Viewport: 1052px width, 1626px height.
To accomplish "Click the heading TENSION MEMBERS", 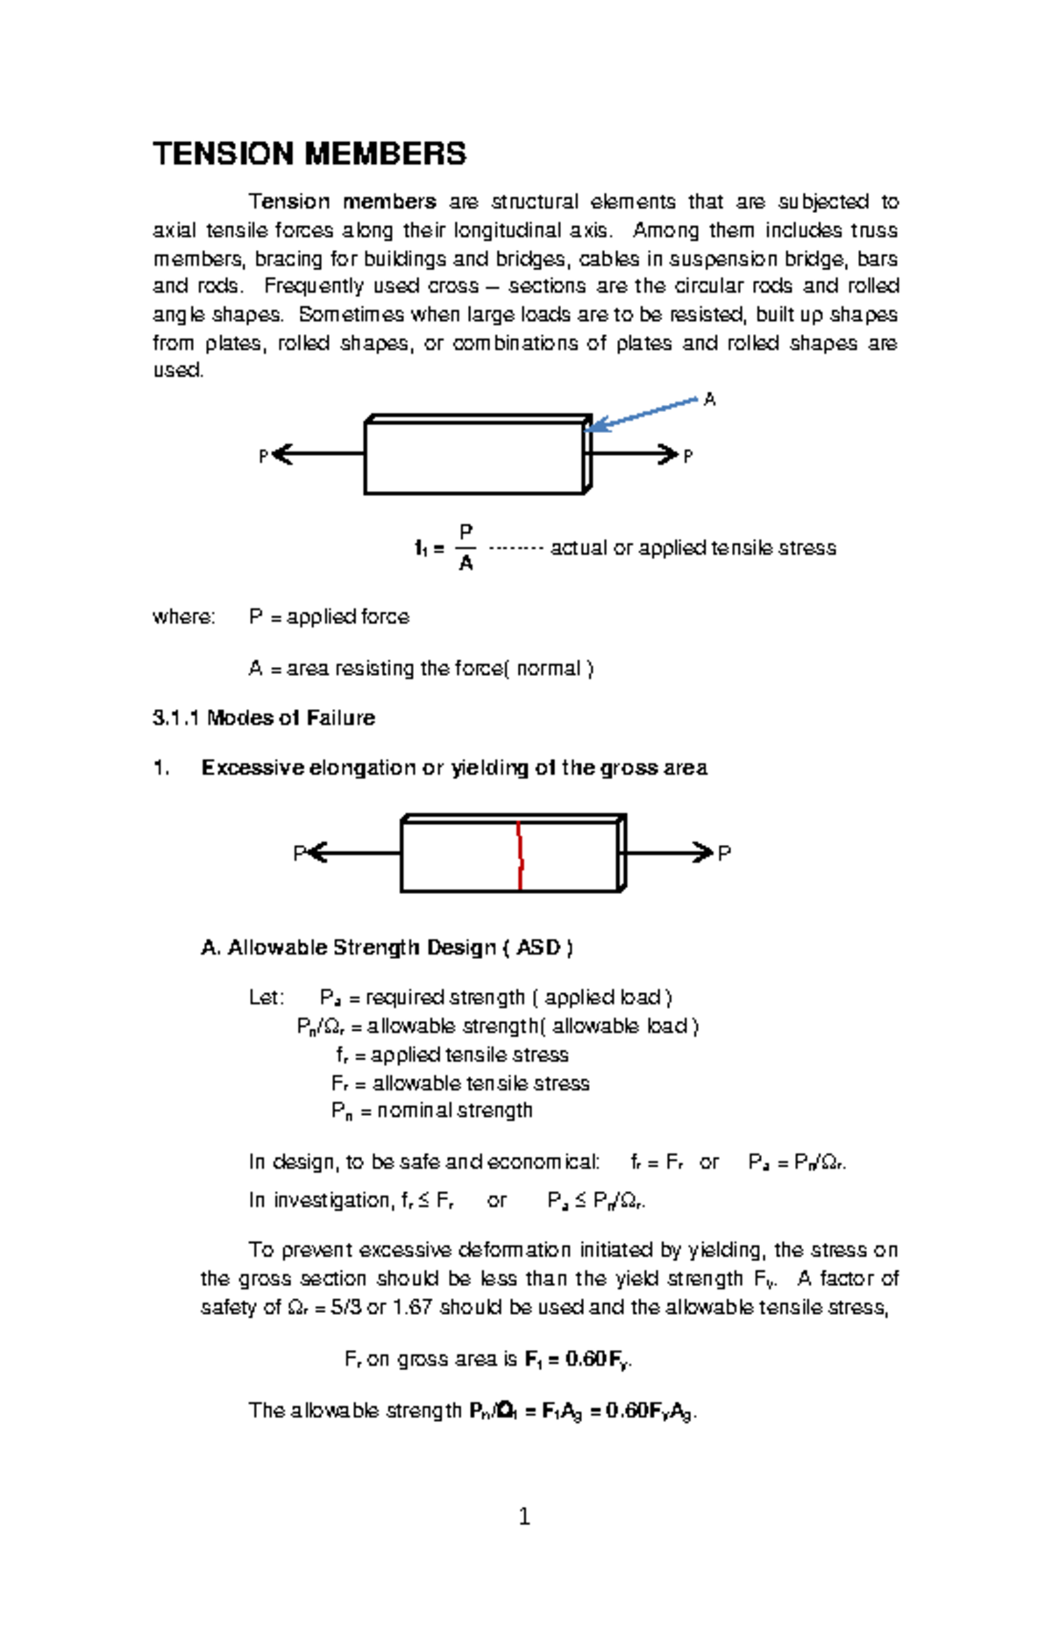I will (x=309, y=154).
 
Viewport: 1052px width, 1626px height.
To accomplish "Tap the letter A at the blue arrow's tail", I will (x=709, y=400).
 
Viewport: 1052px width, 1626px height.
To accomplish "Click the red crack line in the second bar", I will (x=520, y=856).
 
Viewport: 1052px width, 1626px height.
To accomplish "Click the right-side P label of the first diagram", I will (x=687, y=457).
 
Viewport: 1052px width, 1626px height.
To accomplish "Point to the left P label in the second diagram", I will (x=298, y=853).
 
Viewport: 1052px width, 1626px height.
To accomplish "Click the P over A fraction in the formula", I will (x=466, y=548).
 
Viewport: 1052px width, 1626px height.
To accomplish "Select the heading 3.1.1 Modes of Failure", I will (x=263, y=718).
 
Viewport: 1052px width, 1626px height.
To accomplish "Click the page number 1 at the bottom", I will (x=524, y=1516).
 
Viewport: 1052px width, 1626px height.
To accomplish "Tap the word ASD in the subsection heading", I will (x=537, y=948).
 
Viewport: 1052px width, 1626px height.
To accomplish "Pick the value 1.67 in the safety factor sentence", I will (x=412, y=1307).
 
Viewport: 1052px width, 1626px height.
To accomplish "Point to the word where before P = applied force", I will (x=183, y=617).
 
